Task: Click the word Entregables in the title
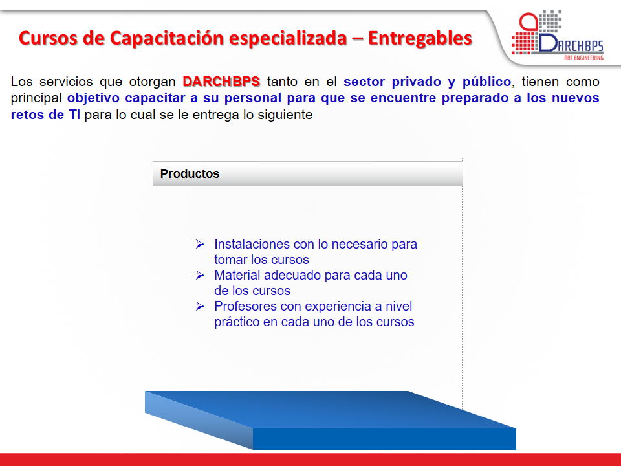(420, 38)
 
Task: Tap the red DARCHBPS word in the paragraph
(221, 82)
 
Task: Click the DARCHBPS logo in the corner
(557, 36)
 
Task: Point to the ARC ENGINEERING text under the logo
(583, 58)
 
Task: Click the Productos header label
(190, 173)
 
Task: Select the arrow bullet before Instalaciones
(200, 244)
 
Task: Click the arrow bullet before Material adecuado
(200, 275)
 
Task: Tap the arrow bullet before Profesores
(200, 306)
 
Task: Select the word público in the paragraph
(486, 82)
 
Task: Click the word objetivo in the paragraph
(93, 98)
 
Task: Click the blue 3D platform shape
(331, 420)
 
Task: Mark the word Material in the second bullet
(237, 275)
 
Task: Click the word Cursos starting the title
(48, 38)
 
